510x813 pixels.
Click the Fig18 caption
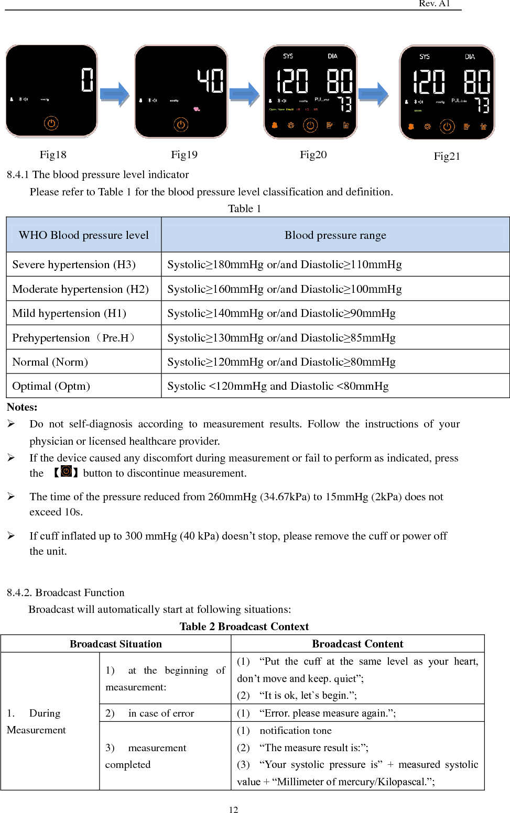pyautogui.click(x=53, y=155)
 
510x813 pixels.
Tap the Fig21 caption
pyautogui.click(x=447, y=156)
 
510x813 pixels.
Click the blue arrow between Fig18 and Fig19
pyautogui.click(x=115, y=94)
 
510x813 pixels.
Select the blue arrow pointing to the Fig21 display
pyautogui.click(x=374, y=94)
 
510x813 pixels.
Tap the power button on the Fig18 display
pyautogui.click(x=51, y=124)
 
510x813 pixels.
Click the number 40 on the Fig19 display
pyautogui.click(x=211, y=81)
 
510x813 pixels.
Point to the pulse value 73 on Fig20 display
pyautogui.click(x=344, y=104)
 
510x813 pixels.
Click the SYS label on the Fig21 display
pyautogui.click(x=425, y=57)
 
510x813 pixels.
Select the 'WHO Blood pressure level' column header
pyautogui.click(x=84, y=235)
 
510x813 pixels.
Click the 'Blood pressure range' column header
pyautogui.click(x=335, y=235)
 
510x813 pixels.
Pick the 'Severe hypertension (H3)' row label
pyautogui.click(x=74, y=265)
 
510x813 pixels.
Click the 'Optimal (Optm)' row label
pyautogui.click(x=51, y=386)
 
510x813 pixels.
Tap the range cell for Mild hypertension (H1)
pyautogui.click(x=281, y=313)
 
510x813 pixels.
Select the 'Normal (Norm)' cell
pyautogui.click(x=50, y=362)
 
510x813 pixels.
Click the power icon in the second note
pyautogui.click(x=66, y=471)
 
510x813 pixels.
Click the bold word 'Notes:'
pyautogui.click(x=22, y=407)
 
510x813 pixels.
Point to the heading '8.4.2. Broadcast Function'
pyautogui.click(x=66, y=592)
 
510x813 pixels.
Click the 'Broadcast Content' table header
pyautogui.click(x=357, y=644)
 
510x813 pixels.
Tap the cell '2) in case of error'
pyautogui.click(x=150, y=713)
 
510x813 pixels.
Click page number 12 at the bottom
pyautogui.click(x=233, y=809)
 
